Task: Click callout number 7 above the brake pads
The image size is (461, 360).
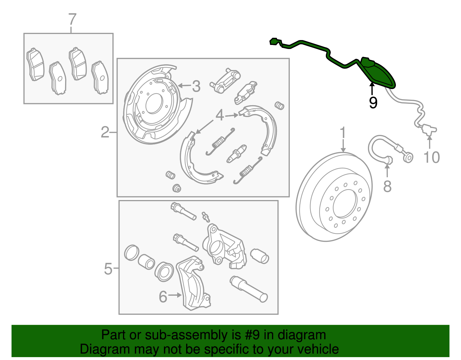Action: click(x=72, y=19)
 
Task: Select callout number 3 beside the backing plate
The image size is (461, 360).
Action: click(x=196, y=86)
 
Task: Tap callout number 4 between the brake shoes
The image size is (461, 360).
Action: click(x=220, y=115)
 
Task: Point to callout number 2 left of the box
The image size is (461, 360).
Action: click(x=105, y=132)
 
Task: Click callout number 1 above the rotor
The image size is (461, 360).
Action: click(x=343, y=133)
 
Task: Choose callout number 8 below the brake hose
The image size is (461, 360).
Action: click(x=387, y=186)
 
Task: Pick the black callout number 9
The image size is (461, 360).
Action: click(x=373, y=103)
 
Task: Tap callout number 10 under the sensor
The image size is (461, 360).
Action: click(x=431, y=157)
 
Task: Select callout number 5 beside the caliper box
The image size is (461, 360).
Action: click(x=108, y=269)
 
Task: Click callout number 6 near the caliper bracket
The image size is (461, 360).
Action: click(x=163, y=297)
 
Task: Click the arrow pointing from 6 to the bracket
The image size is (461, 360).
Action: click(x=175, y=295)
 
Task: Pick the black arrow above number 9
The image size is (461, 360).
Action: click(x=372, y=88)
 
